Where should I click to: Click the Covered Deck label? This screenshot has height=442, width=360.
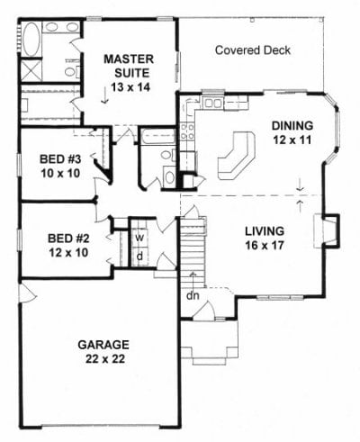pos(253,50)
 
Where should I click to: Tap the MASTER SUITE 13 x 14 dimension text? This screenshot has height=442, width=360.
pos(130,87)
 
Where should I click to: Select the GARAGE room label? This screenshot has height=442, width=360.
pos(103,345)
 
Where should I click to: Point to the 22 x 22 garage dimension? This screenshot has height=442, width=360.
pos(105,358)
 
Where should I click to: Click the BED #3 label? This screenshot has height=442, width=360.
pos(60,159)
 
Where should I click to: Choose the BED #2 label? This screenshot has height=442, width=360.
pos(68,239)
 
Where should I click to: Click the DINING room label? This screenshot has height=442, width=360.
pos(292,126)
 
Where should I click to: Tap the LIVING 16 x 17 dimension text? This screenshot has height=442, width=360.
pos(265,246)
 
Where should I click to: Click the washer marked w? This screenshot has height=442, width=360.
pos(139,238)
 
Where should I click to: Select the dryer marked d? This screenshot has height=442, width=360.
pos(139,257)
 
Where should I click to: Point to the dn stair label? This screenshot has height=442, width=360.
pos(193,295)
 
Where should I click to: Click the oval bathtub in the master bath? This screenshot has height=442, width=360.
pos(31,40)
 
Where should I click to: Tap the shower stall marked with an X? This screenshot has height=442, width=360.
pos(31,70)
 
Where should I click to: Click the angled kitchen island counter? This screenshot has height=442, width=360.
pos(237,156)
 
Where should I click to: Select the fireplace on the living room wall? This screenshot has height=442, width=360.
pos(327,231)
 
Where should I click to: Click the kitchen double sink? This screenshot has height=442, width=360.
pos(213,104)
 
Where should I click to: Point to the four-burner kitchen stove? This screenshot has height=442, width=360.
pos(187,131)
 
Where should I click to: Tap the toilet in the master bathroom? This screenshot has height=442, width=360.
pos(72,71)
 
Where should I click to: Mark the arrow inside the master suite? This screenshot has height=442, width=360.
pos(104,95)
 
